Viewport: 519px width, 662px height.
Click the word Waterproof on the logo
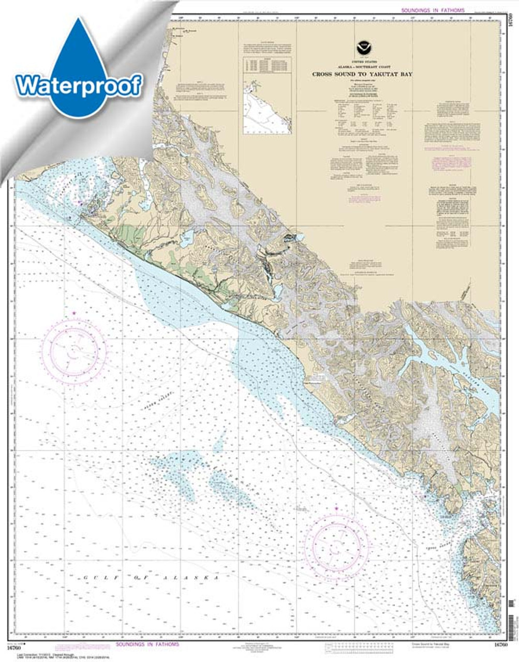pos(79,85)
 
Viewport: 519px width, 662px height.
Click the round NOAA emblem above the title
pos(362,49)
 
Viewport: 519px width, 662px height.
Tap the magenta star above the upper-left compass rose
pos(74,313)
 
